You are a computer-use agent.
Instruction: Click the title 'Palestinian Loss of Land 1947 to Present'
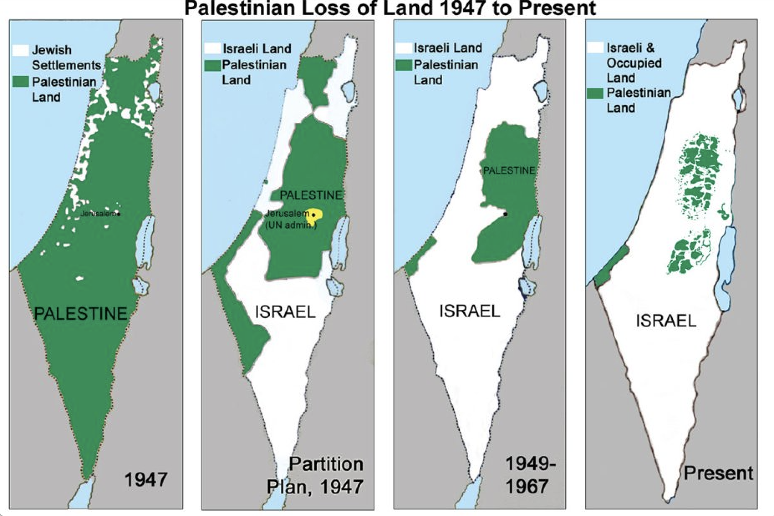click(390, 8)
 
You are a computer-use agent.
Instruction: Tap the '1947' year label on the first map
click(146, 479)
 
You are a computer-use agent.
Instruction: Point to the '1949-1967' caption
click(526, 475)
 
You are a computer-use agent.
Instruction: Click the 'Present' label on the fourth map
click(718, 473)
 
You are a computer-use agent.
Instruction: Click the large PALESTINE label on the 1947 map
click(81, 313)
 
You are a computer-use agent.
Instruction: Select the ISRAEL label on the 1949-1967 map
click(469, 311)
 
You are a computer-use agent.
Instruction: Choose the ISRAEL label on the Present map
click(666, 321)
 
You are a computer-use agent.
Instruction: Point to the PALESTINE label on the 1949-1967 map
click(509, 170)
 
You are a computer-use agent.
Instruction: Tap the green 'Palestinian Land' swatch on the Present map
click(595, 93)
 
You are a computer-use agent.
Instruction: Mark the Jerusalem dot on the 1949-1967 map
click(505, 214)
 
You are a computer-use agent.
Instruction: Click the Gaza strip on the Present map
click(611, 266)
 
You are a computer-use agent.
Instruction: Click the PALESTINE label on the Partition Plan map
click(310, 195)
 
